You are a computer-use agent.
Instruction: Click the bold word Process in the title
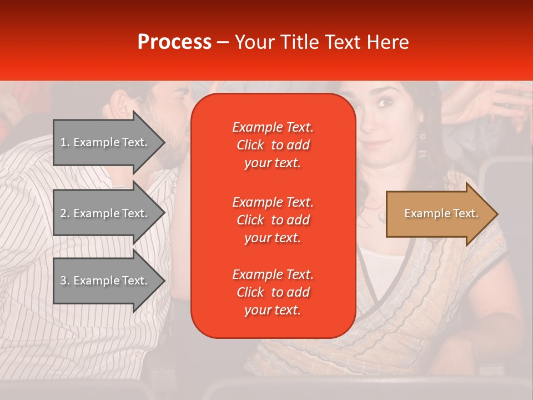tap(174, 42)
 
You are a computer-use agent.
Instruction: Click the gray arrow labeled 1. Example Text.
tap(105, 142)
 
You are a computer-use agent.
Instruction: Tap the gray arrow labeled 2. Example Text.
tap(105, 213)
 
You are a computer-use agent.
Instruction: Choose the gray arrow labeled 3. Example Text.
tap(105, 281)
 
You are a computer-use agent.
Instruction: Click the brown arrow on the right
tap(439, 214)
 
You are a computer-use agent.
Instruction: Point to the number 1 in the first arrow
tap(63, 142)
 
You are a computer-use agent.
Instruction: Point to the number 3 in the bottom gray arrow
tap(63, 281)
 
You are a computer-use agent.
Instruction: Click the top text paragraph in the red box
tap(273, 145)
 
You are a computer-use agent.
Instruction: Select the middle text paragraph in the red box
tap(273, 220)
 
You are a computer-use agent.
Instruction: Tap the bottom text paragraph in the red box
tap(273, 292)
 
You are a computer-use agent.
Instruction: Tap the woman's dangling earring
tap(421, 137)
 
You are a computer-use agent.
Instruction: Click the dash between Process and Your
tap(223, 43)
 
